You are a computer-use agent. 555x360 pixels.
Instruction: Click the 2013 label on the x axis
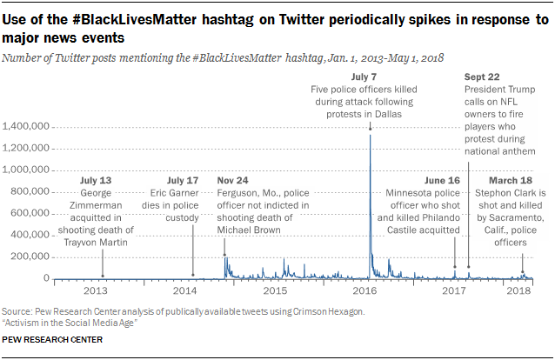tap(96, 290)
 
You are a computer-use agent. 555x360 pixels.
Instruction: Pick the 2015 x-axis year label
tap(275, 290)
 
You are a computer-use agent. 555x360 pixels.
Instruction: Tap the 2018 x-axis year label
tap(518, 290)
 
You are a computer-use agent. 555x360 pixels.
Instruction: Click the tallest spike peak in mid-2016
tap(371, 137)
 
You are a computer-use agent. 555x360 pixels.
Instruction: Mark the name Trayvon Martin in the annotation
tap(104, 243)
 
